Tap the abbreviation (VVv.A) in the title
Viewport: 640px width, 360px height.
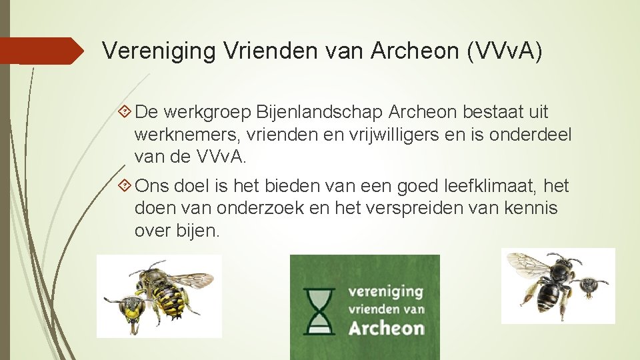505,51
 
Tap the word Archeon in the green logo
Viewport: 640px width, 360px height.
387,327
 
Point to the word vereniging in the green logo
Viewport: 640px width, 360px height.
385,291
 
